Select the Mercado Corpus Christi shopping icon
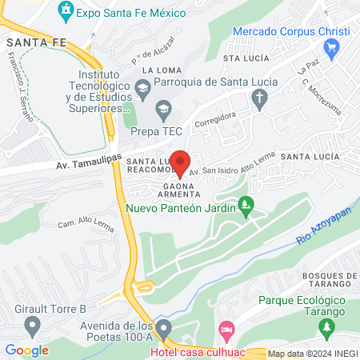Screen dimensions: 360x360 (x=334, y=48)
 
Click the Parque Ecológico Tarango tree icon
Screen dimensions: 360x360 (x=326, y=326)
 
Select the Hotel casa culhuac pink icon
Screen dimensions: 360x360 (x=227, y=330)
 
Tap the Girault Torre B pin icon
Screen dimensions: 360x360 (x=33, y=326)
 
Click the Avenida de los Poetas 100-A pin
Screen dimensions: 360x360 (x=164, y=328)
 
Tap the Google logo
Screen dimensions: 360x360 (x=26, y=350)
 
